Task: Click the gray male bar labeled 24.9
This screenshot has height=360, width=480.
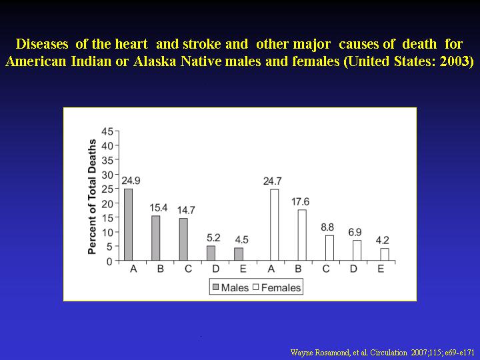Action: point(128,225)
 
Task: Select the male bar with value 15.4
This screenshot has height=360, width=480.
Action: point(155,238)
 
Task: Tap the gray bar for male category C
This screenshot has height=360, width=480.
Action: point(183,239)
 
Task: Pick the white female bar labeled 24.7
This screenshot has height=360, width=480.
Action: point(274,225)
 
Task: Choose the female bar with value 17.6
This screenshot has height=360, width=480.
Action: point(302,235)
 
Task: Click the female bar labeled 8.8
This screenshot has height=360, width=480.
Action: point(329,248)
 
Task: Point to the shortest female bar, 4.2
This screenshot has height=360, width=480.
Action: point(385,255)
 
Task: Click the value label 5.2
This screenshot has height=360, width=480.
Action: point(213,237)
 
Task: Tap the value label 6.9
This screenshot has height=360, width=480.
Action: point(355,233)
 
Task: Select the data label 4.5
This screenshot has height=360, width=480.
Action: point(241,240)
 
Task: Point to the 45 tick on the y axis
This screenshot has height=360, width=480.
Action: point(107,131)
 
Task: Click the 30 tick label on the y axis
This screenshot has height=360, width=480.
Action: point(107,175)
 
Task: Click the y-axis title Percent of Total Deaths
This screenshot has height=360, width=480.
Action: point(92,197)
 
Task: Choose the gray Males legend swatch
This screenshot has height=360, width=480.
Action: point(216,287)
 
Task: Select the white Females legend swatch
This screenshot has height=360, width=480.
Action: point(256,287)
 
